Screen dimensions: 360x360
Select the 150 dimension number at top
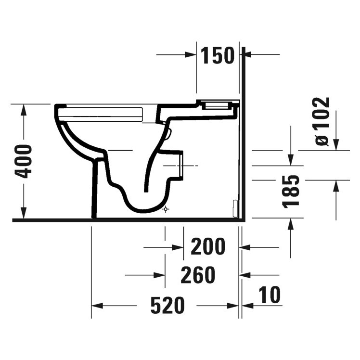point(217,56)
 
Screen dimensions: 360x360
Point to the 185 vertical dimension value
point(292,191)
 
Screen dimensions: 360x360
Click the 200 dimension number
point(208,247)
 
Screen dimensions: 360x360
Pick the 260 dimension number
point(197,275)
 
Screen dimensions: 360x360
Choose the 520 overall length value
point(167,305)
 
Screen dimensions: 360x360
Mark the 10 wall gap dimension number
point(269,295)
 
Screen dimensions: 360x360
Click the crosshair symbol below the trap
point(166,209)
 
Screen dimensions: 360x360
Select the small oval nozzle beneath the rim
point(168,132)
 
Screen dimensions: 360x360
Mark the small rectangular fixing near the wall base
point(235,208)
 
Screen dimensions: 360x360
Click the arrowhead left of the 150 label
point(192,56)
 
